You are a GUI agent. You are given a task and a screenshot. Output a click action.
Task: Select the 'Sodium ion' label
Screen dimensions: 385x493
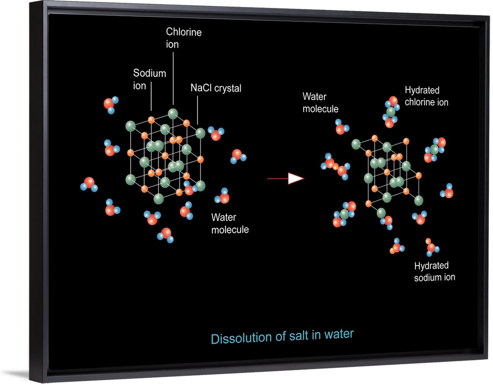149,79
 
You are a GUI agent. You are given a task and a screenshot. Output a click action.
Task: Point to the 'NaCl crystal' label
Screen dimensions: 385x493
216,89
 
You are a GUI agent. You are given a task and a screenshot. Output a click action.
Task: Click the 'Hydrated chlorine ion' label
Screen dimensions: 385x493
426,96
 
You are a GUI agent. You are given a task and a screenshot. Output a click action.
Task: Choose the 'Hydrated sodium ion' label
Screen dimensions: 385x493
434,272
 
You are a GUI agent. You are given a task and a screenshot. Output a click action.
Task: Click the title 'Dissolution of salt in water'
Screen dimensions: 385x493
282,337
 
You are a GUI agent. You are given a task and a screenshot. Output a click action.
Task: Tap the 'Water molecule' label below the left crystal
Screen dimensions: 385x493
230,223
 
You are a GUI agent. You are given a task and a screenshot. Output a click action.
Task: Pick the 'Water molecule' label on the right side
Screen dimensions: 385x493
320,103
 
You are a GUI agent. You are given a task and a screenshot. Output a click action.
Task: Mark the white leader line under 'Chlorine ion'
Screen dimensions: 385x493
173,79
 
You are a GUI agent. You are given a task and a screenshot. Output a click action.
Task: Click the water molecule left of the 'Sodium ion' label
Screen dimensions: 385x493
110,104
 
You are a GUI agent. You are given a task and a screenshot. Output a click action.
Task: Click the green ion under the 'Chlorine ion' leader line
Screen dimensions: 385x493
173,114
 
